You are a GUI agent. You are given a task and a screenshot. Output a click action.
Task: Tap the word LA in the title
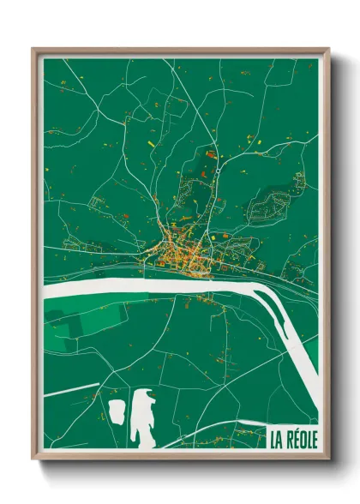click(x=276, y=440)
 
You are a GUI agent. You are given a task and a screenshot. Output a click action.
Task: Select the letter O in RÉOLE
click(x=302, y=440)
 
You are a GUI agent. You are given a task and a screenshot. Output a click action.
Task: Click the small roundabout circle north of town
click(x=219, y=171)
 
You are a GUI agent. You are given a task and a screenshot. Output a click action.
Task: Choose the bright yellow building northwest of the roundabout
click(x=152, y=143)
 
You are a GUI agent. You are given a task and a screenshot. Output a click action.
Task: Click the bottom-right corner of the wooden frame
click(x=328, y=459)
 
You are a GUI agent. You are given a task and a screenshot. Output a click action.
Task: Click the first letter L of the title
click(x=273, y=440)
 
